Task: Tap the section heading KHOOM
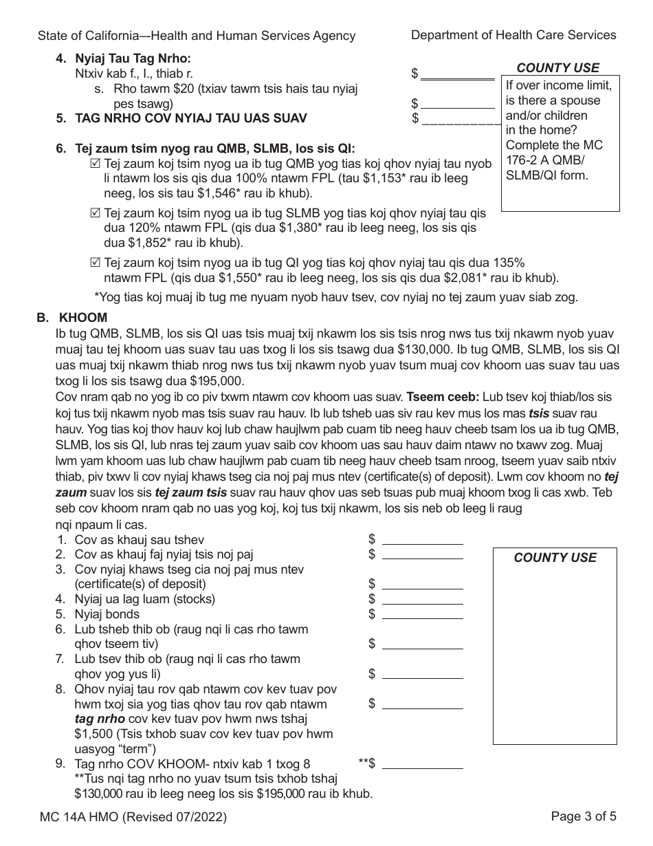[x=82, y=318]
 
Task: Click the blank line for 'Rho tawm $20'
[x=457, y=103]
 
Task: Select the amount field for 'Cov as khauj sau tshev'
[x=422, y=539]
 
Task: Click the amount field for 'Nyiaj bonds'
[x=422, y=614]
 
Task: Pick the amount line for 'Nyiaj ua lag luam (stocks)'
[x=422, y=598]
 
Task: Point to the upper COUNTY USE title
[x=557, y=67]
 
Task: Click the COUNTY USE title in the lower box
[x=555, y=558]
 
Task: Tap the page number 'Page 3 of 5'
[x=584, y=817]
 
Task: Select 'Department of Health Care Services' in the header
[x=513, y=35]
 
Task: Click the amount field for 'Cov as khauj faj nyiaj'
[x=422, y=554]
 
